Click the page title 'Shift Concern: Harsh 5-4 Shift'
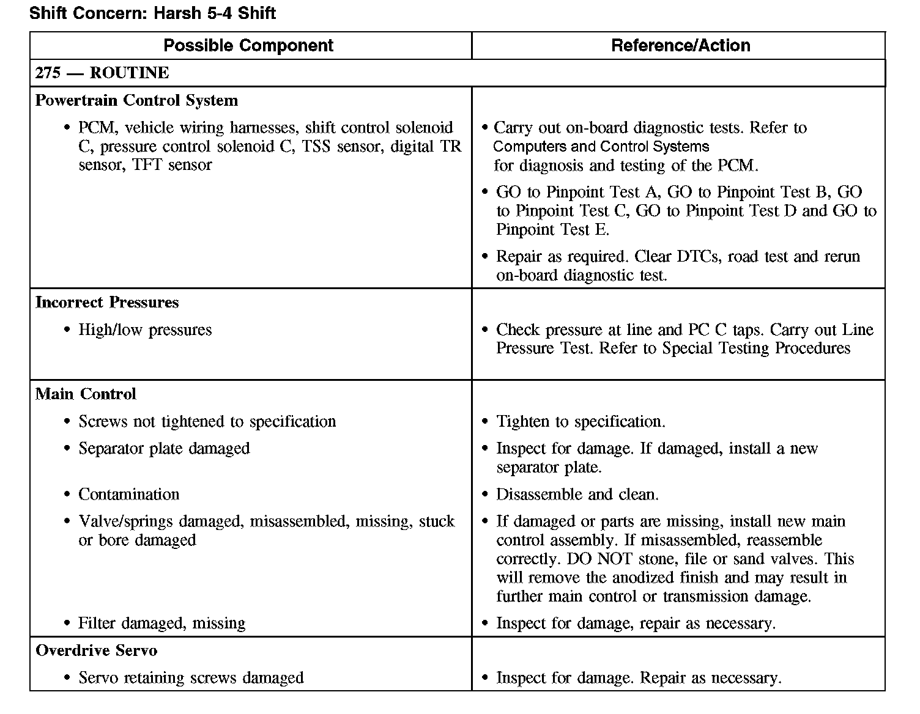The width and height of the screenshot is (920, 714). pyautogui.click(x=152, y=13)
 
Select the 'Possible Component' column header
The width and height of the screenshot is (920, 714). pyautogui.click(x=248, y=45)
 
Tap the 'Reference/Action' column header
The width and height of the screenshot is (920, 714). pyautogui.click(x=680, y=45)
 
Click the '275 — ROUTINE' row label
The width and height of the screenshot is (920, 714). pyautogui.click(x=102, y=73)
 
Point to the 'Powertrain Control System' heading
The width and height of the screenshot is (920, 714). pyautogui.click(x=136, y=100)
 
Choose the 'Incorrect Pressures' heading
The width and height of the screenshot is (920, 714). pyautogui.click(x=107, y=302)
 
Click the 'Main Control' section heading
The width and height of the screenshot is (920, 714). pyautogui.click(x=86, y=394)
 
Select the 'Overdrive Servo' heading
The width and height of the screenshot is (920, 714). pyautogui.click(x=96, y=650)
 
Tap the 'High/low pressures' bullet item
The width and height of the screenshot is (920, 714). pyautogui.click(x=145, y=329)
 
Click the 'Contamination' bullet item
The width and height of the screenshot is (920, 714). pyautogui.click(x=128, y=494)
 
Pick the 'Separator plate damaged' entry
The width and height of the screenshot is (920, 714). pyautogui.click(x=164, y=448)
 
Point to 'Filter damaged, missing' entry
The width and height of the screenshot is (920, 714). pyautogui.click(x=161, y=623)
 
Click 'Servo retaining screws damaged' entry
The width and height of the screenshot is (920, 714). pyautogui.click(x=191, y=677)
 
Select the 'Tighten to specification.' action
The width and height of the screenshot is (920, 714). pyautogui.click(x=581, y=421)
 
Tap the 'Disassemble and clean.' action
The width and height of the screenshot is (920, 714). pyautogui.click(x=577, y=494)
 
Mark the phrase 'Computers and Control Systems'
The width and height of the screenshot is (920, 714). pyautogui.click(x=601, y=147)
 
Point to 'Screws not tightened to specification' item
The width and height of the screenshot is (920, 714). pyautogui.click(x=207, y=421)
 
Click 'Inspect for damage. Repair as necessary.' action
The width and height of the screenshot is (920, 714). pyautogui.click(x=639, y=677)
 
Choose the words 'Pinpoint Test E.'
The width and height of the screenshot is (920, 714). pyautogui.click(x=552, y=230)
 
